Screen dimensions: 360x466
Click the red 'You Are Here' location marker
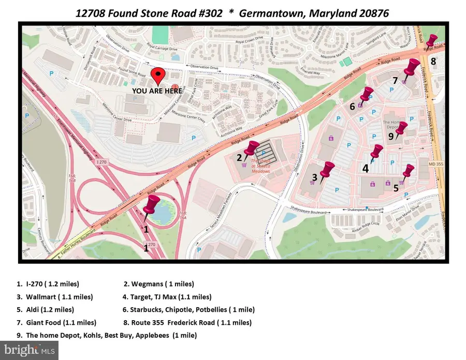pyautogui.click(x=159, y=76)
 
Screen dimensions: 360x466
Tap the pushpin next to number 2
pyautogui.click(x=253, y=149)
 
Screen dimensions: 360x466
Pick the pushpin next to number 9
pyautogui.click(x=401, y=129)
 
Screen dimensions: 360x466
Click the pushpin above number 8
pyautogui.click(x=431, y=40)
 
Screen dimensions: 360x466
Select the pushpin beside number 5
pyautogui.click(x=409, y=171)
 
